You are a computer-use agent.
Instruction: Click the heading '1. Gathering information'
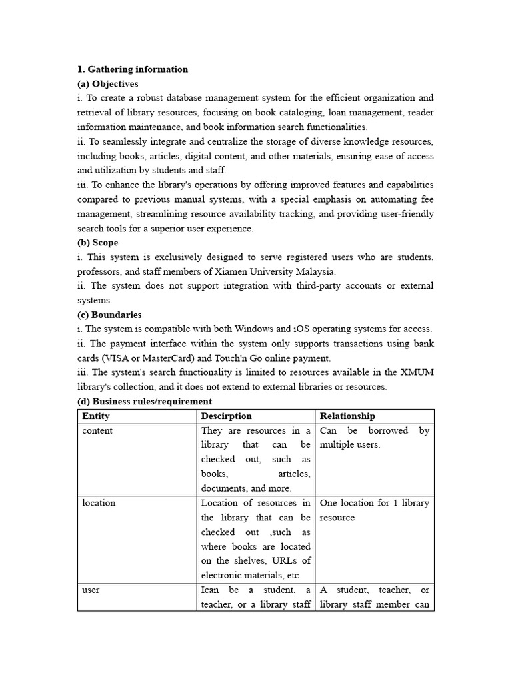point(133,69)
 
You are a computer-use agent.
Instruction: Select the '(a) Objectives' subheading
point(108,84)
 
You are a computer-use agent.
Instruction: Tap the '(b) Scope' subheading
point(98,243)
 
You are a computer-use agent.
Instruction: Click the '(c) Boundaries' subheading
point(109,315)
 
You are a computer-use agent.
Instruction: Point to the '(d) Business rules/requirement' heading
point(145,402)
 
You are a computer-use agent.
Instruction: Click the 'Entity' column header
point(96,416)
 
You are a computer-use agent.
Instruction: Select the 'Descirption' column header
point(227,416)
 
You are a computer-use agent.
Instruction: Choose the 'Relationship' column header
point(347,416)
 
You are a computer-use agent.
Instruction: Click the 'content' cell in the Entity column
point(97,431)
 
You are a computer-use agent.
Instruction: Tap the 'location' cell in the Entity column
point(99,503)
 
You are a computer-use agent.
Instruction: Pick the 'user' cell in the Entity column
point(91,590)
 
